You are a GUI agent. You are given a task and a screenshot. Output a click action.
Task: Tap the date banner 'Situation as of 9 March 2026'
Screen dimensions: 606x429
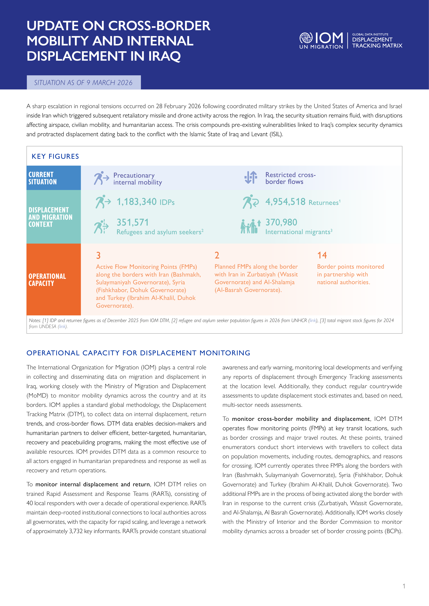(84, 83)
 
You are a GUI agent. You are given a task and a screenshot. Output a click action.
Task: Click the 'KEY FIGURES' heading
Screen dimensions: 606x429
(55, 157)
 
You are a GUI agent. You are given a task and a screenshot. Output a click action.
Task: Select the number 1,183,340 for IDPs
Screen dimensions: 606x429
(137, 202)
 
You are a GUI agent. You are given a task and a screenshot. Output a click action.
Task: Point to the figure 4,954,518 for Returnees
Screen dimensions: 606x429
(285, 202)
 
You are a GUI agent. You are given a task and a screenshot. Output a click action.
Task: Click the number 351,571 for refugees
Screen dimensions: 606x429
(133, 222)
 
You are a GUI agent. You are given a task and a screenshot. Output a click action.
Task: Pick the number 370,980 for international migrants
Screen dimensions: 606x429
(281, 222)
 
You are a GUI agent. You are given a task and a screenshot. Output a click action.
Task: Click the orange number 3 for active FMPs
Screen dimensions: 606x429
(98, 255)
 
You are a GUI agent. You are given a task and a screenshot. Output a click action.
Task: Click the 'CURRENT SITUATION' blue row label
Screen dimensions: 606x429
(43, 178)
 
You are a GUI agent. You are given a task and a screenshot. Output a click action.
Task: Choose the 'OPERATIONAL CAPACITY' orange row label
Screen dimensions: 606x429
(47, 280)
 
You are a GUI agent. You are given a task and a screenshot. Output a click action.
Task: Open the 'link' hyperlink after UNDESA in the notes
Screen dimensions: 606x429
(62, 326)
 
